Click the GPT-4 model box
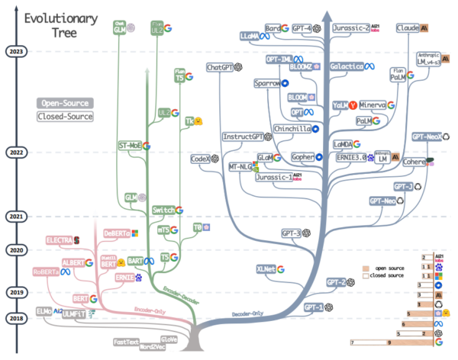[x=300, y=28]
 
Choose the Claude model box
[x=409, y=28]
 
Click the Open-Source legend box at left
[x=65, y=103]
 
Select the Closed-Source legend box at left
[x=65, y=117]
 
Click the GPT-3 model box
[x=291, y=233]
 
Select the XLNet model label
[x=265, y=268]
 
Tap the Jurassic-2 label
[x=350, y=28]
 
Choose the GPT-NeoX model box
[x=425, y=137]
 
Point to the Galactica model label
[x=351, y=67]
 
